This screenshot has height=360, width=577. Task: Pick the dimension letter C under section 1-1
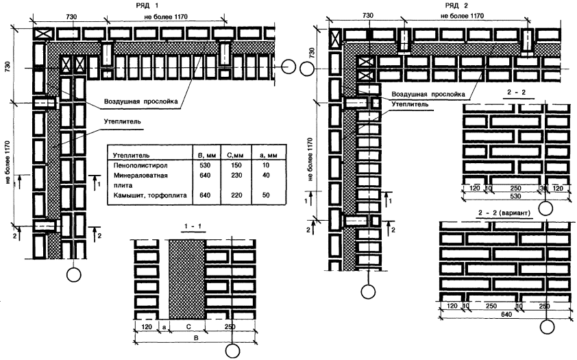coord(187,328)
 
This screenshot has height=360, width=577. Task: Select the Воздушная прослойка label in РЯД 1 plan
coord(141,101)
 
